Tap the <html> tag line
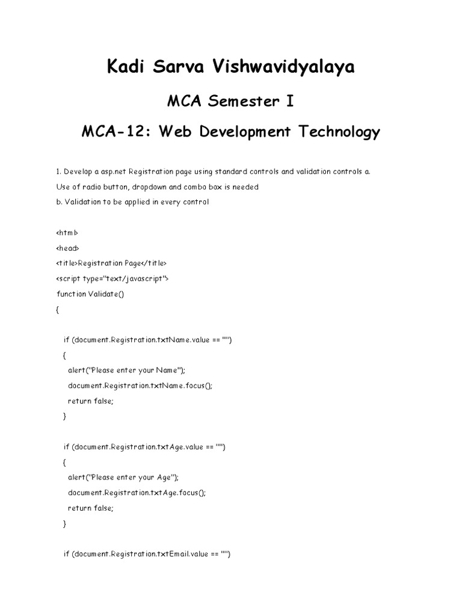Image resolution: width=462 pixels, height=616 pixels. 66,232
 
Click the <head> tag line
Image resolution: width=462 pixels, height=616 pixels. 67,248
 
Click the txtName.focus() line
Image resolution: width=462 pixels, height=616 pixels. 140,385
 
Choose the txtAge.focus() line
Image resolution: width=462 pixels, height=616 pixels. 137,492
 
